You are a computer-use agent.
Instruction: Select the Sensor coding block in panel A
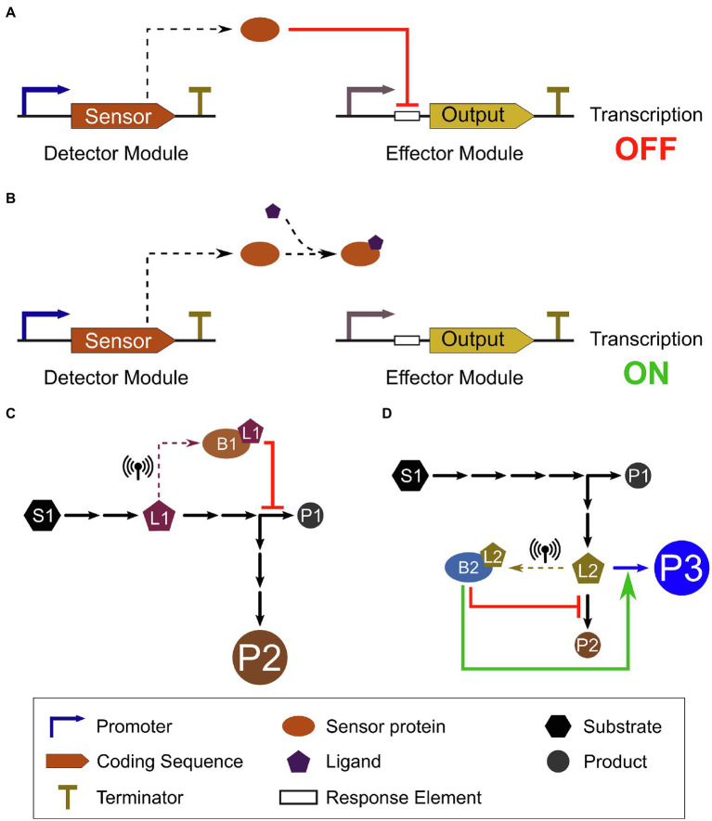click(122, 115)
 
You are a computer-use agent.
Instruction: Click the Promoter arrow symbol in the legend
click(64, 726)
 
